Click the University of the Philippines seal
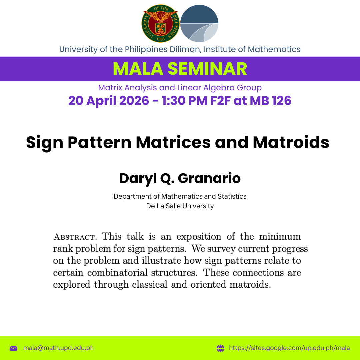pyautogui.click(x=160, y=23)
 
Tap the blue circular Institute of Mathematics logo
pyautogui.click(x=199, y=23)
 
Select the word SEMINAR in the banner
pyautogui.click(x=207, y=69)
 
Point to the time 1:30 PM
pyautogui.click(x=184, y=101)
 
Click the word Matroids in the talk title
pyautogui.click(x=291, y=142)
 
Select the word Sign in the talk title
pyautogui.click(x=45, y=143)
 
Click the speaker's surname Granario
pyautogui.click(x=209, y=178)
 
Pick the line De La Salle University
pyautogui.click(x=180, y=206)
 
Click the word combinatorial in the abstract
pyautogui.click(x=117, y=273)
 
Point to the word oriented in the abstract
pyautogui.click(x=208, y=284)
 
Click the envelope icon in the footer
pyautogui.click(x=14, y=348)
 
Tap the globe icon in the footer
pyautogui.click(x=220, y=348)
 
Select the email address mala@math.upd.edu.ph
pyautogui.click(x=59, y=348)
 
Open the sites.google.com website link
pyautogui.click(x=289, y=348)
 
